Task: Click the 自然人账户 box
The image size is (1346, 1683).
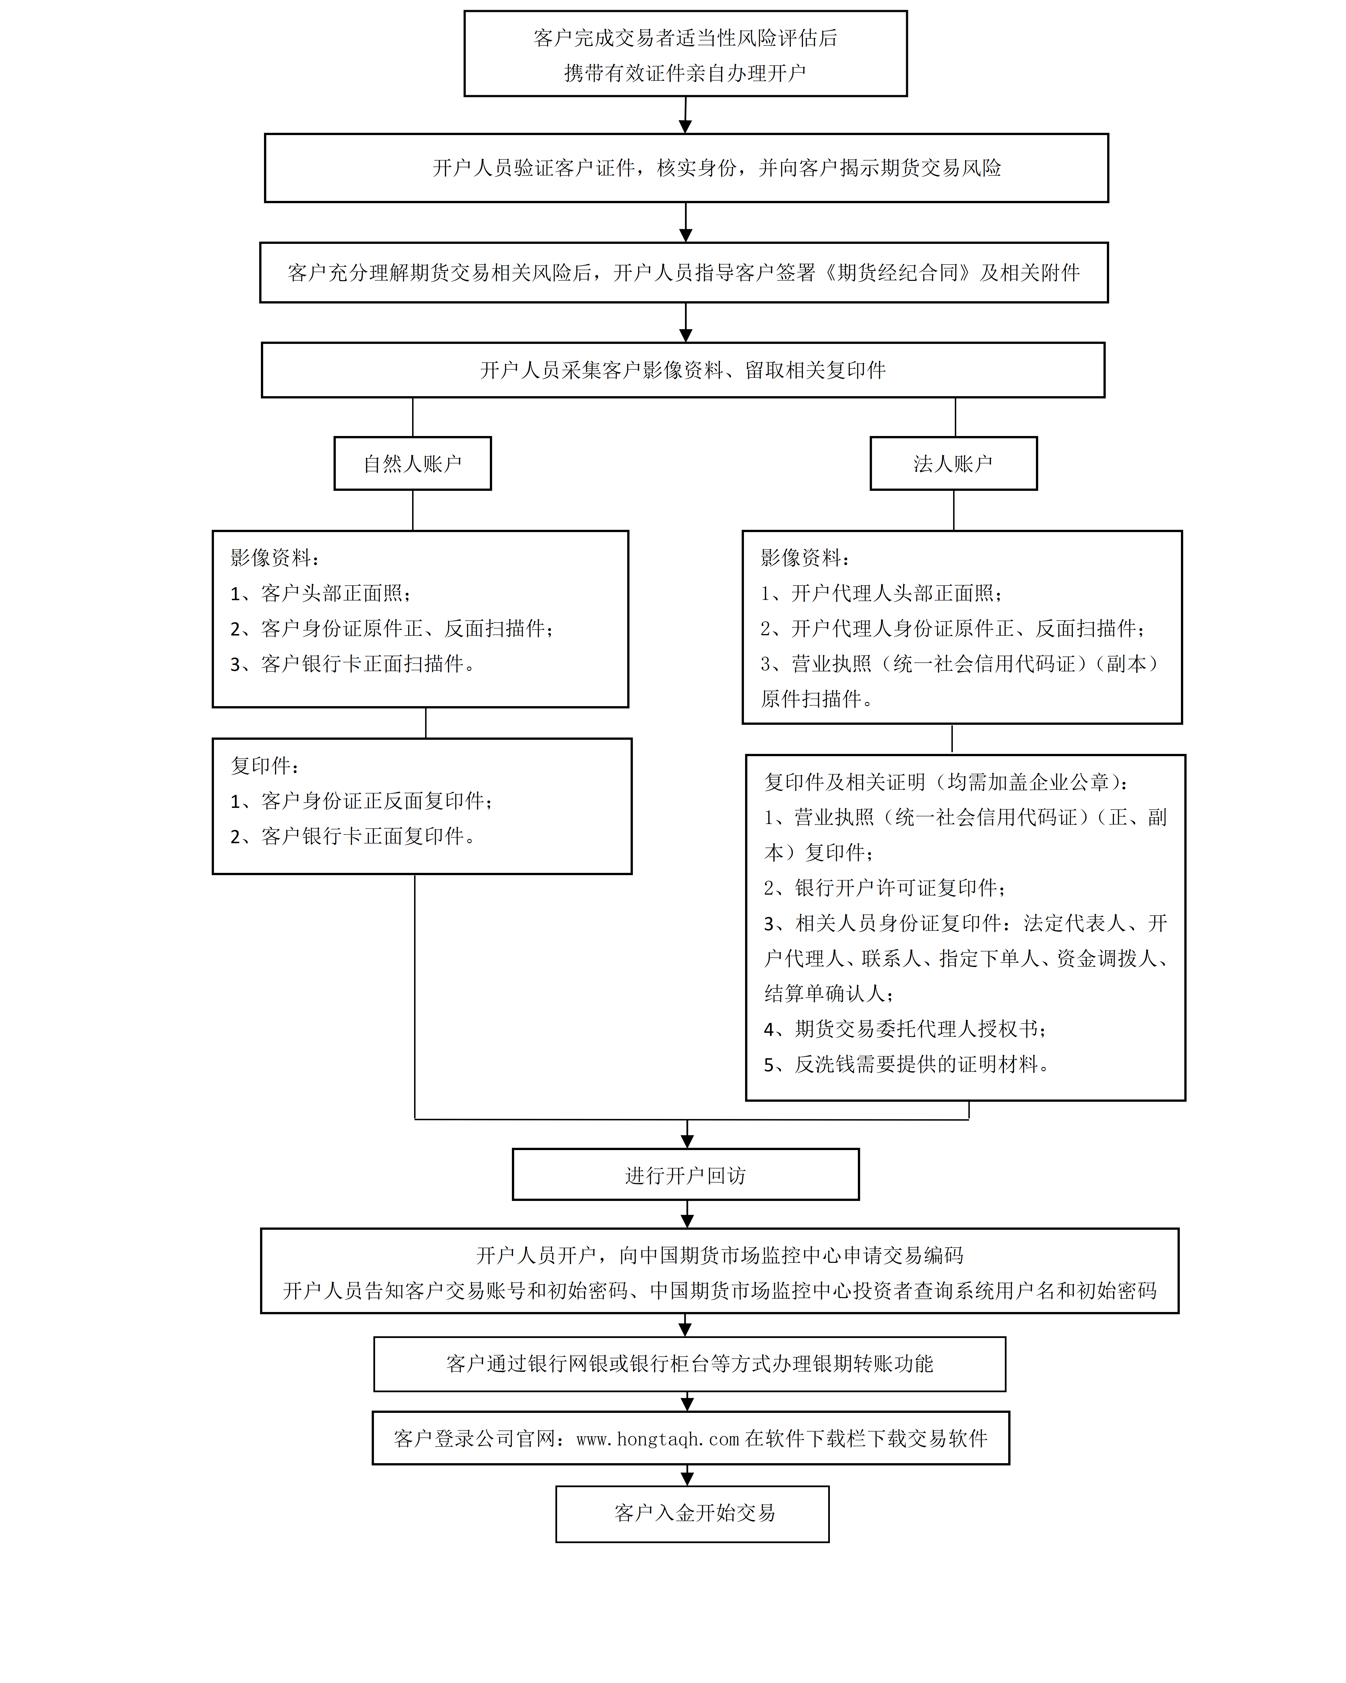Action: (412, 464)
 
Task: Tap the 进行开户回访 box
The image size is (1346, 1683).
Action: (685, 1175)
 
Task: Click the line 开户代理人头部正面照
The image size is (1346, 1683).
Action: (882, 593)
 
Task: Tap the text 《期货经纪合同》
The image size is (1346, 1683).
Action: (898, 272)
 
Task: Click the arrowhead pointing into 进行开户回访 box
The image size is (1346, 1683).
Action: (687, 1140)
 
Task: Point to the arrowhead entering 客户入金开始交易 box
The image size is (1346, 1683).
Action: (687, 1478)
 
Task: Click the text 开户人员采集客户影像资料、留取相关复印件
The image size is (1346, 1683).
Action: (682, 370)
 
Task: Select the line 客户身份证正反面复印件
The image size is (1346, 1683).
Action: (362, 801)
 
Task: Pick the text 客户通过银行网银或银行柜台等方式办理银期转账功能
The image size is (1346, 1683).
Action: (689, 1364)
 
